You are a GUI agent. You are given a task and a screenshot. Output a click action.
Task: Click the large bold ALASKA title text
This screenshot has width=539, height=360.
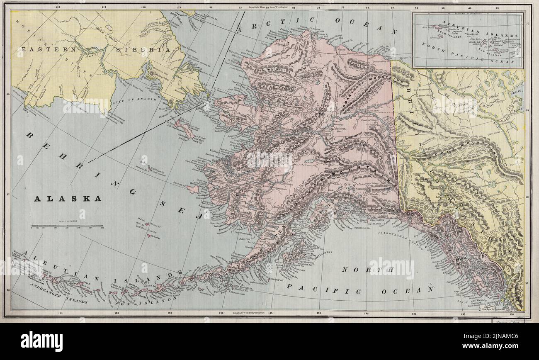click(67, 199)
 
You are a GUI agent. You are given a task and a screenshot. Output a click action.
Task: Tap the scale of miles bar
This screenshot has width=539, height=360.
click(68, 226)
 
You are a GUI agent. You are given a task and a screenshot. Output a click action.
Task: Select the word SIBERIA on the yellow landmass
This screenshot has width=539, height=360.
click(143, 49)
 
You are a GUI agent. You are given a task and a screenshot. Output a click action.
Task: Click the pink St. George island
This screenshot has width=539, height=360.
click(149, 236)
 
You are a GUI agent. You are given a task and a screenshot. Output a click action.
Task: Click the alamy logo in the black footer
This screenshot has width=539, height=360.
click(41, 341)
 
